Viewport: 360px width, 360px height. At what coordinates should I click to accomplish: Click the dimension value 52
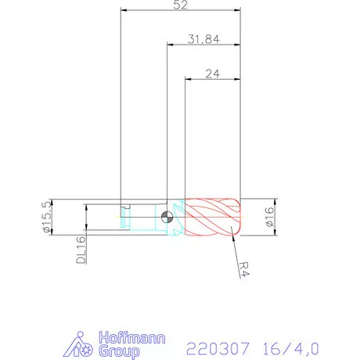[x=181, y=5]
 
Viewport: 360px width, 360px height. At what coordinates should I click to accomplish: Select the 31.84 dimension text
[x=202, y=40]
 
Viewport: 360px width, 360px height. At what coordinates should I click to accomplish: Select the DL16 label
[x=81, y=251]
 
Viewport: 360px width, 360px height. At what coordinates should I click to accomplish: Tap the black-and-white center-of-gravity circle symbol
[x=167, y=218]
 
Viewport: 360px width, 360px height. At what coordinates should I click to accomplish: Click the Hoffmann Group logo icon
[x=81, y=344]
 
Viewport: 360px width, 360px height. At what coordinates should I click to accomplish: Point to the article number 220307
[x=214, y=345]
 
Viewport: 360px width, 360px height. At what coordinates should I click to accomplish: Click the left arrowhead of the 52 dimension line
[x=124, y=11]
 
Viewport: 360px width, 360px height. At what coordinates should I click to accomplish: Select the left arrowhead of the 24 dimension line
[x=188, y=79]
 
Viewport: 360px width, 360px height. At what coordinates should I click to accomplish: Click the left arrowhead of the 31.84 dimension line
[x=170, y=45]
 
